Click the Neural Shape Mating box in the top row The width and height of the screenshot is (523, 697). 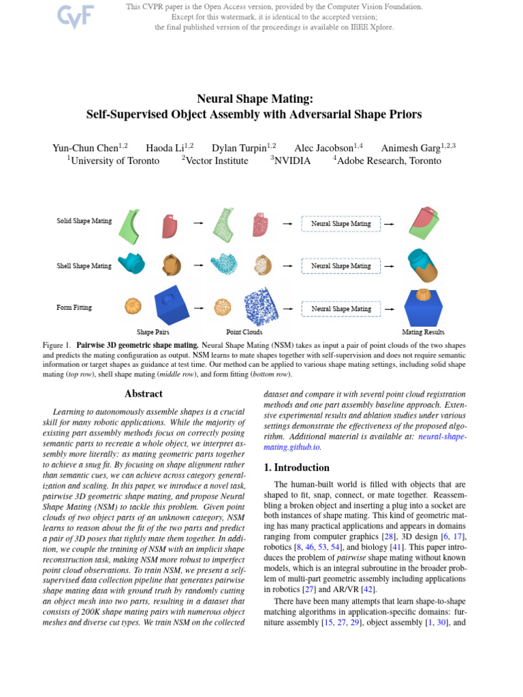[x=340, y=223]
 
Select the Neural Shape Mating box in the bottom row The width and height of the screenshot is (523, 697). [x=340, y=308]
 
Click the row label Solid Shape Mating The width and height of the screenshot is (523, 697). [x=84, y=222]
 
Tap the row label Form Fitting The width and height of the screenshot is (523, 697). [x=74, y=308]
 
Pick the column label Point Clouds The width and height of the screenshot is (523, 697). [x=244, y=332]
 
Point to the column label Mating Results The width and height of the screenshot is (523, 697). [x=423, y=332]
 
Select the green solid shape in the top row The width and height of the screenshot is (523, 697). [x=130, y=225]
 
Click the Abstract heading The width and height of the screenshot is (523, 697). [x=144, y=393]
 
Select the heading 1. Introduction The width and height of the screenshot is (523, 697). [x=296, y=468]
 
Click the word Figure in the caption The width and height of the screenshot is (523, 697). [x=53, y=345]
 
